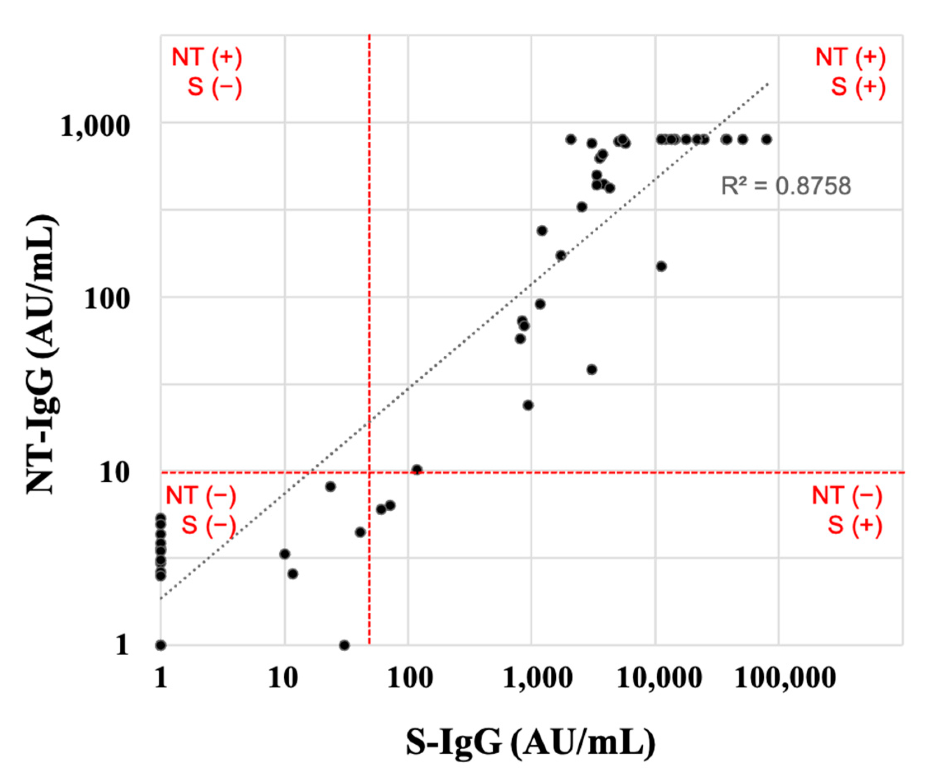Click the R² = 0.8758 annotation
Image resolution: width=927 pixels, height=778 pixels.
(x=785, y=186)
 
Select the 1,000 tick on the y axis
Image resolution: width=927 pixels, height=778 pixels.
(x=95, y=127)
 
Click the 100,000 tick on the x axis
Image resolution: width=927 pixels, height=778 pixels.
(x=784, y=677)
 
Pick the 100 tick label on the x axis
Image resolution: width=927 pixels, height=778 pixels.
(x=409, y=677)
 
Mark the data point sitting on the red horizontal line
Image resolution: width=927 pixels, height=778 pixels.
(x=417, y=470)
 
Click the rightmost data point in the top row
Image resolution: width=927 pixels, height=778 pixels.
(x=767, y=140)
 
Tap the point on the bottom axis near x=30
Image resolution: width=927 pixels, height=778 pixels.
(x=344, y=645)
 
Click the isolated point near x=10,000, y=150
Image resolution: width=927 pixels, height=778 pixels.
(x=661, y=266)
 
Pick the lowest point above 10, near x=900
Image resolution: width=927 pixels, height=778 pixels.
(x=528, y=405)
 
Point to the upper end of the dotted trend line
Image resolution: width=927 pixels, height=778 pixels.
(x=768, y=83)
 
